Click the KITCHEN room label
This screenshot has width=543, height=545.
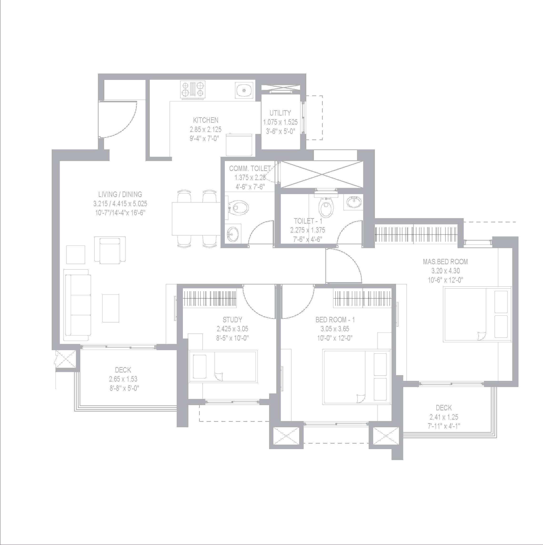coord(206,120)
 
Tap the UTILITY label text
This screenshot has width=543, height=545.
coord(280,113)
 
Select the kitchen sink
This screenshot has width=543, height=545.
coord(244,90)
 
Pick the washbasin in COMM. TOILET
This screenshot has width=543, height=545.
coord(233,234)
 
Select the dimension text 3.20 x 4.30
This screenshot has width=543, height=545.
coord(445,271)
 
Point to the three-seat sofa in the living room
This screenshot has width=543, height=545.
coord(77,305)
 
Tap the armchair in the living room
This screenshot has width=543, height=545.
coord(110,250)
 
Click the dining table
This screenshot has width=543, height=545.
coord(196,218)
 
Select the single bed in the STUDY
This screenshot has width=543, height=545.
coord(223,366)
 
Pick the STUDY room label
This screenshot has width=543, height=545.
coord(232,320)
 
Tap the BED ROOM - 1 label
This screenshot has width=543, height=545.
coord(335,320)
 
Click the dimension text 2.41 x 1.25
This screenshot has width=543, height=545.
coord(444,417)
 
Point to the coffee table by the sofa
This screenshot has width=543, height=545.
coord(111,308)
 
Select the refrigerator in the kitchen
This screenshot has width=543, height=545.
coord(239,144)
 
